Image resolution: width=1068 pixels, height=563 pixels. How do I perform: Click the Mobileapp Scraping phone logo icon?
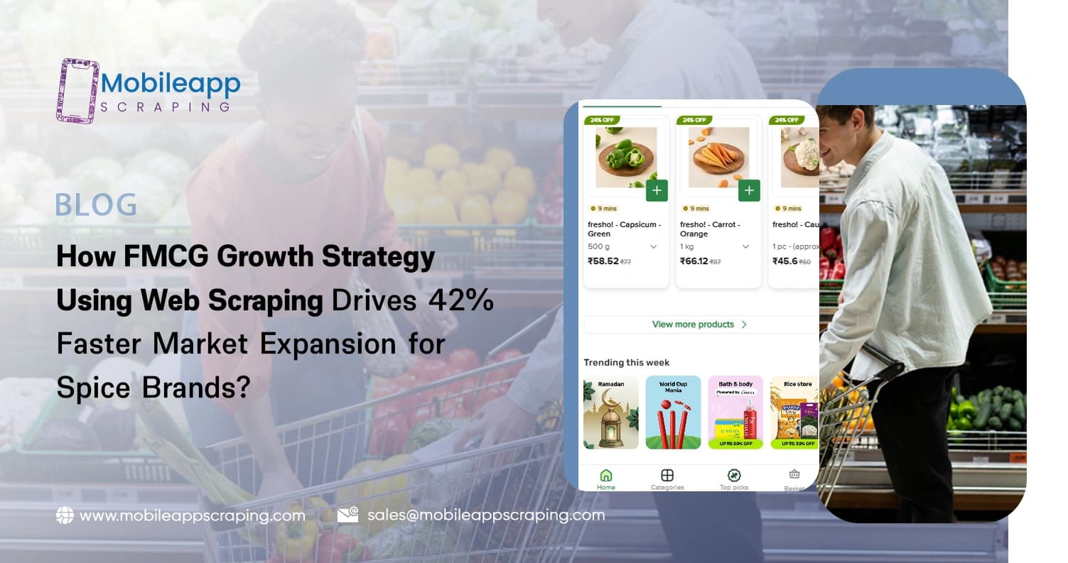point(77,91)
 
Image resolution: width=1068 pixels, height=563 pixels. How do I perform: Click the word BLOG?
point(96,205)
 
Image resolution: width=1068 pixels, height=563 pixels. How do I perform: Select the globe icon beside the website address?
point(65,515)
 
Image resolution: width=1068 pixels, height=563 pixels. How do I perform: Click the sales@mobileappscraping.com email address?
point(486,515)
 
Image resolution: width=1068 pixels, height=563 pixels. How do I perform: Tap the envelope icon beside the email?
point(347,515)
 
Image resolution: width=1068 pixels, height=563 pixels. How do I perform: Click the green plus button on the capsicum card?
point(657,190)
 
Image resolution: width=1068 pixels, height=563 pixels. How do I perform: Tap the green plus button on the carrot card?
point(749,190)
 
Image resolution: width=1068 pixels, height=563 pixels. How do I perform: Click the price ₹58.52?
point(603,261)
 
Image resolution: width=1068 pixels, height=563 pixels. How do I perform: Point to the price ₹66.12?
point(694,261)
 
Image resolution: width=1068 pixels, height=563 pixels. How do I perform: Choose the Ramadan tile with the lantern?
point(610,412)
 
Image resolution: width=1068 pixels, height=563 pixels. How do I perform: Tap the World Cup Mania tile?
point(673,412)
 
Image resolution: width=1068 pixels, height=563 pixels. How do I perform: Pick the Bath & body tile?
point(735,412)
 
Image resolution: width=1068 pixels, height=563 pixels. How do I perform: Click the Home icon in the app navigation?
point(606,476)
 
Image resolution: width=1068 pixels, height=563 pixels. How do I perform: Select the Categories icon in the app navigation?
point(667,476)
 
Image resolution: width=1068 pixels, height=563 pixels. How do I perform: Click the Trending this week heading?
point(627,363)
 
